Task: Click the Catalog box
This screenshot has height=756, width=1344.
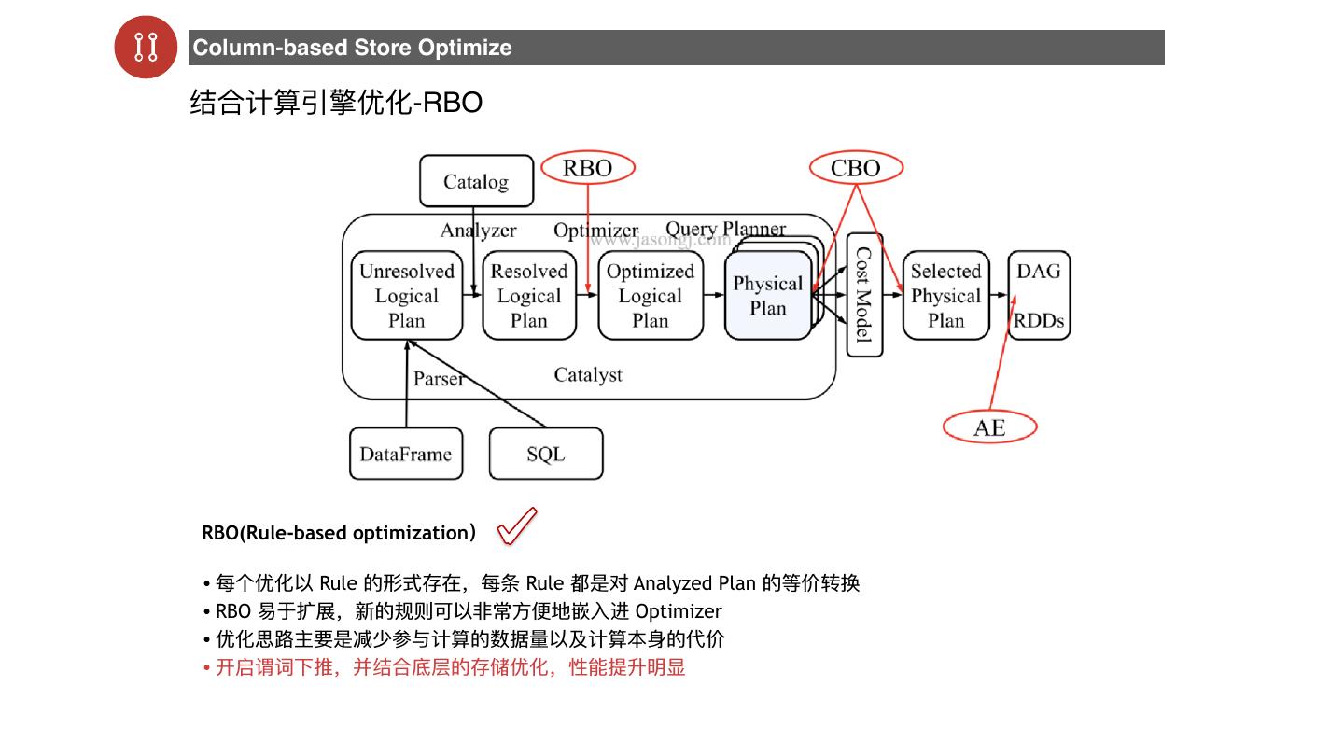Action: (476, 181)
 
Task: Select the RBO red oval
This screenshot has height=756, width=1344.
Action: (588, 168)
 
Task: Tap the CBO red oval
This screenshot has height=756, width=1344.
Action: (855, 168)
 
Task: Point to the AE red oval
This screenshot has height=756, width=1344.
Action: (989, 427)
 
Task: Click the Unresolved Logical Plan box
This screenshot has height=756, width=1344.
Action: (407, 296)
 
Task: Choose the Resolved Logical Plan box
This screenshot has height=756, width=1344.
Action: (529, 296)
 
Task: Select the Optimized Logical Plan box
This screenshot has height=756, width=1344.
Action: (651, 296)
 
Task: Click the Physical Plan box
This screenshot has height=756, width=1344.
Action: (767, 296)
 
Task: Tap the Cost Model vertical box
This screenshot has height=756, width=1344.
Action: (864, 295)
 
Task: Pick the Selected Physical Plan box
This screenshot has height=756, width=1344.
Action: (945, 296)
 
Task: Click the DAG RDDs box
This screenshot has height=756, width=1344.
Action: (1039, 296)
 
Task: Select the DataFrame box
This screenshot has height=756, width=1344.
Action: (406, 455)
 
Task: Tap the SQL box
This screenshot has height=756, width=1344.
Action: (546, 455)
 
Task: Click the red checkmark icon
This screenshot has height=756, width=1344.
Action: (517, 525)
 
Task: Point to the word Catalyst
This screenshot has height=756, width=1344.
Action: (588, 375)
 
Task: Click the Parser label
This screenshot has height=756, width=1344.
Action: (439, 379)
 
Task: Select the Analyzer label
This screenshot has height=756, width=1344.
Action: (478, 231)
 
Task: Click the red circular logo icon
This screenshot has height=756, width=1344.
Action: (146, 47)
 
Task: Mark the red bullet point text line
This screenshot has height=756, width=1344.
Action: (450, 667)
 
